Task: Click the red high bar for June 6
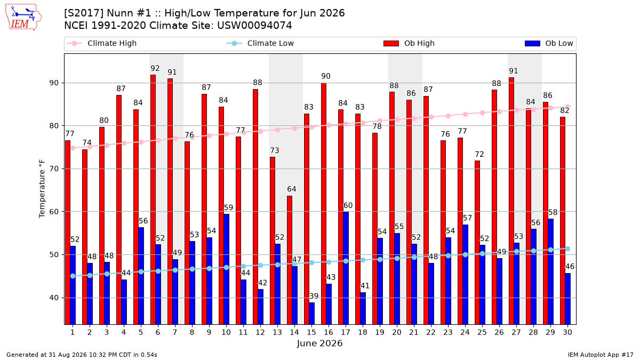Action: [153, 199]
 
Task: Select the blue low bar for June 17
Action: [346, 268]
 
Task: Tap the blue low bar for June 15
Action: [311, 314]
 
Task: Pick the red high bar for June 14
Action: [290, 260]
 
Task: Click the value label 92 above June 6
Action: [155, 68]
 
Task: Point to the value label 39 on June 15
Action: [314, 296]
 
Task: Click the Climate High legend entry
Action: [101, 43]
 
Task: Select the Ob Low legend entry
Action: [549, 43]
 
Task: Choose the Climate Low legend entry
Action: [260, 43]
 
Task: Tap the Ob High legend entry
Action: [409, 43]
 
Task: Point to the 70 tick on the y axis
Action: [54, 169]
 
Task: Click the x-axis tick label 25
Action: [482, 332]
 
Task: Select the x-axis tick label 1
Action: [73, 332]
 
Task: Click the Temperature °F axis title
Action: [42, 189]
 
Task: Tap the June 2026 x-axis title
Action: [319, 343]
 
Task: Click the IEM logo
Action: [23, 18]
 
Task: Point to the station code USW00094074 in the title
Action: [254, 26]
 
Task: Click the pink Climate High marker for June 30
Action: [567, 107]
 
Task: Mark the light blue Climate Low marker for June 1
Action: [73, 276]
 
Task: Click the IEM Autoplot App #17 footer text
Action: [601, 355]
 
